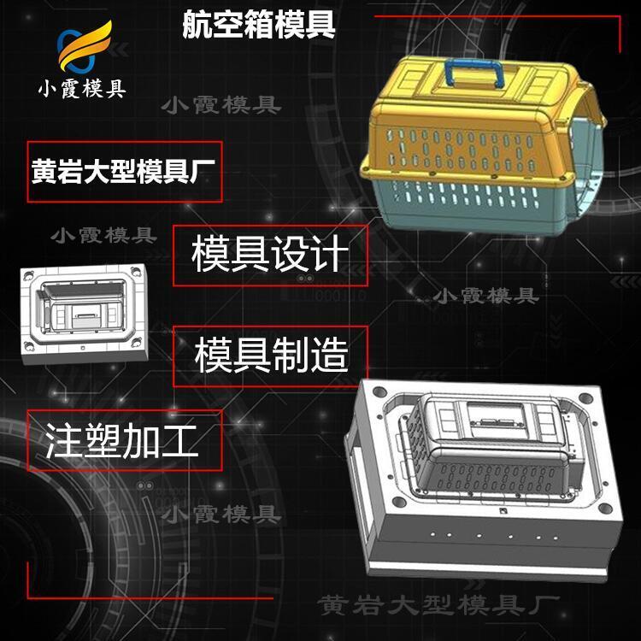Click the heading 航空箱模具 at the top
(259, 25)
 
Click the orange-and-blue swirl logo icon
(84, 46)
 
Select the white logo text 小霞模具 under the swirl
(82, 89)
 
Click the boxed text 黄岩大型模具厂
(123, 171)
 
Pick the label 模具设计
(270, 254)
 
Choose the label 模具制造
(272, 355)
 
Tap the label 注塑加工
(122, 441)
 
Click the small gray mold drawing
(84, 314)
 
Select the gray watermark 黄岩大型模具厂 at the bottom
(438, 605)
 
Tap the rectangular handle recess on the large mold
(496, 421)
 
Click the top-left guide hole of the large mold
(379, 392)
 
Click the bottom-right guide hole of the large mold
(605, 509)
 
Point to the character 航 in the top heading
(197, 25)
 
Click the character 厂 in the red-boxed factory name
(203, 171)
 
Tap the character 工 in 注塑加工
(179, 441)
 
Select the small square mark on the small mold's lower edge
(83, 348)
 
